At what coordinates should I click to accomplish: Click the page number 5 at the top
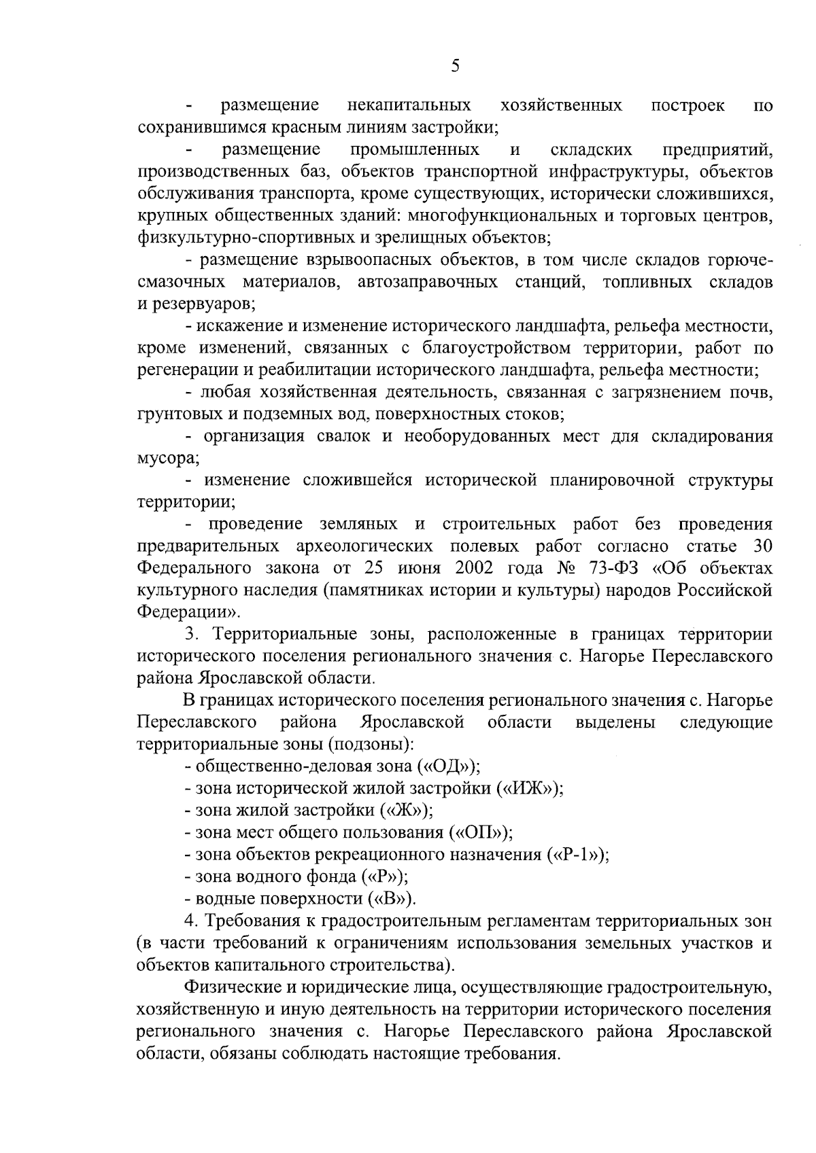(455, 66)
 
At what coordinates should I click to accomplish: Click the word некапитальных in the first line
(409, 105)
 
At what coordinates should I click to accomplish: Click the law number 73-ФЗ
(622, 568)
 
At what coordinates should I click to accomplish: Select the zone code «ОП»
(479, 832)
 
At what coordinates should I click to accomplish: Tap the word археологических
(366, 546)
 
